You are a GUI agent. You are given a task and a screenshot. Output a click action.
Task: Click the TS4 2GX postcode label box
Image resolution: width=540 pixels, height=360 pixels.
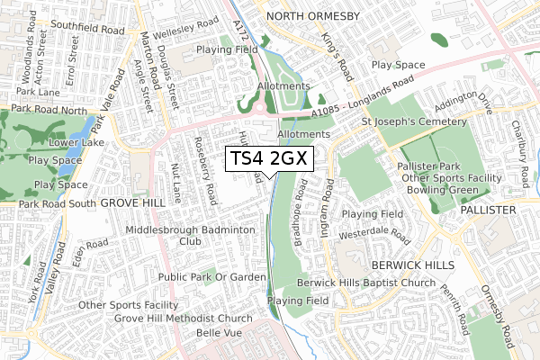[270, 159]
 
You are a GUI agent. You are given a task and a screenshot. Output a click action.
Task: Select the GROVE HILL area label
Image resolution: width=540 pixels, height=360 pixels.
[133, 203]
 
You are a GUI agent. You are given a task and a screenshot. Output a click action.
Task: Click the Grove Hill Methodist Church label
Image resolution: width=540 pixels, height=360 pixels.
[184, 319]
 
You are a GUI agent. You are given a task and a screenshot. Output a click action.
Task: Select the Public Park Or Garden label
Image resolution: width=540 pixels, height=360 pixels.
[212, 277]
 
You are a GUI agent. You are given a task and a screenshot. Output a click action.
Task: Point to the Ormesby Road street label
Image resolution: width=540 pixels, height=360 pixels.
[497, 316]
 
